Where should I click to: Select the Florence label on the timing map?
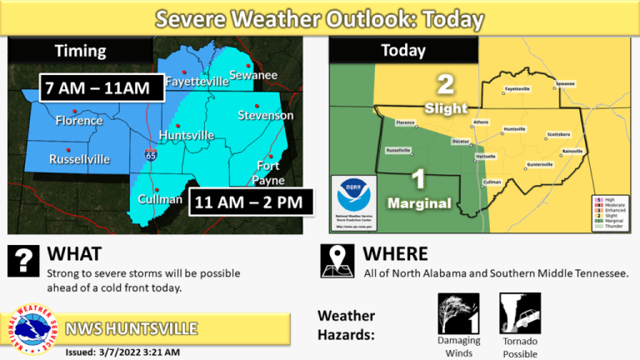click(78, 121)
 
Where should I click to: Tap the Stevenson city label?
click(265, 115)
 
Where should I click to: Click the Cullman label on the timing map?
click(159, 199)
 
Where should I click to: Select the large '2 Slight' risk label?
click(446, 94)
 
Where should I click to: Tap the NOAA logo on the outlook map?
click(356, 197)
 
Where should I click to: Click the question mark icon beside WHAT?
click(22, 260)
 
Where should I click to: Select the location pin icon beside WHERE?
click(337, 260)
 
